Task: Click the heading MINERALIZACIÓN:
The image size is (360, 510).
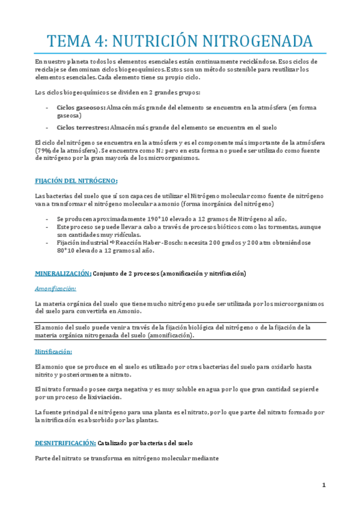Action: coord(63,273)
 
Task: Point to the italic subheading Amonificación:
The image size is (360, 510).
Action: coord(55,288)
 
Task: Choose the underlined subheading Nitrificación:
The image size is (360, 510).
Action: coord(53,351)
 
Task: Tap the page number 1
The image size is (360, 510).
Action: coord(323,485)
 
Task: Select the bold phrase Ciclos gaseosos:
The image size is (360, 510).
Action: coord(81,107)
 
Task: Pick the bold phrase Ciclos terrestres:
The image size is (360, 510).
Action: coord(83,127)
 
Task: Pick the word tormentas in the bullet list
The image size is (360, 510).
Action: coord(265,227)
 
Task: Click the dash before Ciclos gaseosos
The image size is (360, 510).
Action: coord(47,107)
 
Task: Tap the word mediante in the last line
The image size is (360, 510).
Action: coord(203,459)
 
